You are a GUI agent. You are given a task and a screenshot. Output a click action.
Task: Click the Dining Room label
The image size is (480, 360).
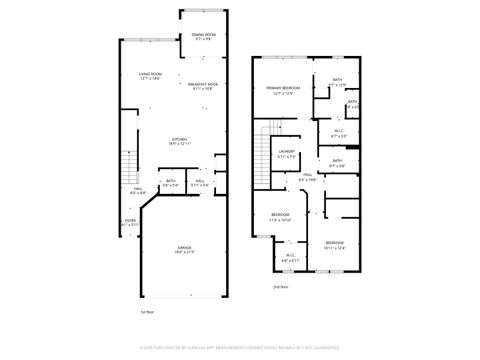click(204, 36)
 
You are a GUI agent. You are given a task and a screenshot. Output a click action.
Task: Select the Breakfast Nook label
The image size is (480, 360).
click(203, 87)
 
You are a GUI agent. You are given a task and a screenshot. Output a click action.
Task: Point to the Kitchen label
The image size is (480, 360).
click(181, 141)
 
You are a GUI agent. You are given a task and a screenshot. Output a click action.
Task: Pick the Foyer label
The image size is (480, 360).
click(131, 223)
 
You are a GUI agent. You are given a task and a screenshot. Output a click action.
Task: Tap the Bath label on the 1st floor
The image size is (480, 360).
click(171, 183)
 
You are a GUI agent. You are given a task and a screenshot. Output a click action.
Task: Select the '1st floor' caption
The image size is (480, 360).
click(146, 311)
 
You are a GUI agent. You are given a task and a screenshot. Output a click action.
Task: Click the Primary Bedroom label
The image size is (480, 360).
click(281, 90)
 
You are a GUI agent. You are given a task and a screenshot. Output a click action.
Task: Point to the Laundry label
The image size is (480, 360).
click(286, 155)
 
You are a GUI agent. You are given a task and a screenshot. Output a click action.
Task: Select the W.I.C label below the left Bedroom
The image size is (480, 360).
click(290, 257)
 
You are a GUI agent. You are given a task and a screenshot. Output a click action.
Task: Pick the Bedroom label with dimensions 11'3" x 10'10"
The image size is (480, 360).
click(281, 217)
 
